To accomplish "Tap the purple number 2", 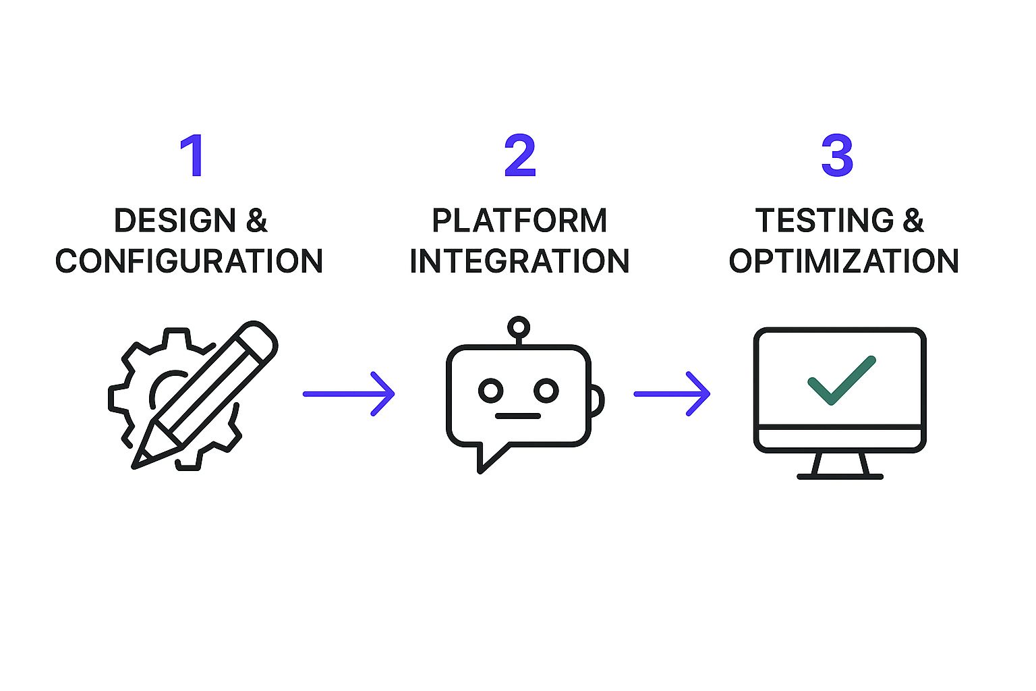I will click(x=519, y=156).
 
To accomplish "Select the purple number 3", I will click(x=837, y=156).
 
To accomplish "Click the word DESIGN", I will click(x=175, y=221).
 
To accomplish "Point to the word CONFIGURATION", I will click(x=189, y=262).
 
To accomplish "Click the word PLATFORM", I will click(x=519, y=221).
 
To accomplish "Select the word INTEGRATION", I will click(x=519, y=262).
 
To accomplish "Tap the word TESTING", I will click(x=824, y=221).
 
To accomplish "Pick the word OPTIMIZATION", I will click(x=843, y=262).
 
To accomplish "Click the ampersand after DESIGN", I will click(x=257, y=221).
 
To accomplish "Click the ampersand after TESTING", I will click(x=913, y=221).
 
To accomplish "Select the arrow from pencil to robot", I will click(x=349, y=393).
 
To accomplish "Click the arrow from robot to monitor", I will click(x=672, y=393).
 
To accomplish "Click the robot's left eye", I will click(x=490, y=390).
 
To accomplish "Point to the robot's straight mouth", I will click(x=518, y=416).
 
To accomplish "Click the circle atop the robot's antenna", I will click(x=518, y=327).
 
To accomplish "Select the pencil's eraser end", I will click(x=260, y=338).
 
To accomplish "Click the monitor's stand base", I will click(x=840, y=476).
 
